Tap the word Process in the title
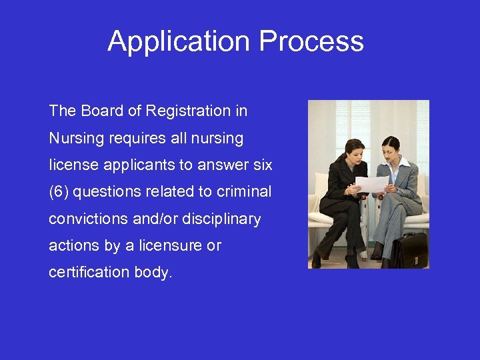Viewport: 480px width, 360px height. click(311, 41)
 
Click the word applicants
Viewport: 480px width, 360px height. click(136, 165)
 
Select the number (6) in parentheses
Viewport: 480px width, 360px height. click(59, 192)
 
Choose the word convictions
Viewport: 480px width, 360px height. click(88, 219)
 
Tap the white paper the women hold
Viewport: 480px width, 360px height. click(371, 183)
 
